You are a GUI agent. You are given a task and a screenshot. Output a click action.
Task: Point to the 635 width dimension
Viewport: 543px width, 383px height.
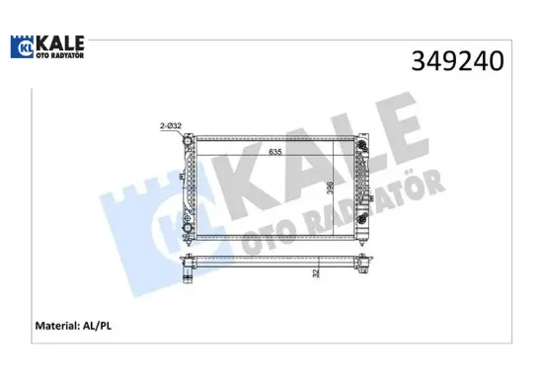tap(276, 153)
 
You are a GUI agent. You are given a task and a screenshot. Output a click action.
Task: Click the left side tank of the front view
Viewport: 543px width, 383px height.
tap(191, 188)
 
